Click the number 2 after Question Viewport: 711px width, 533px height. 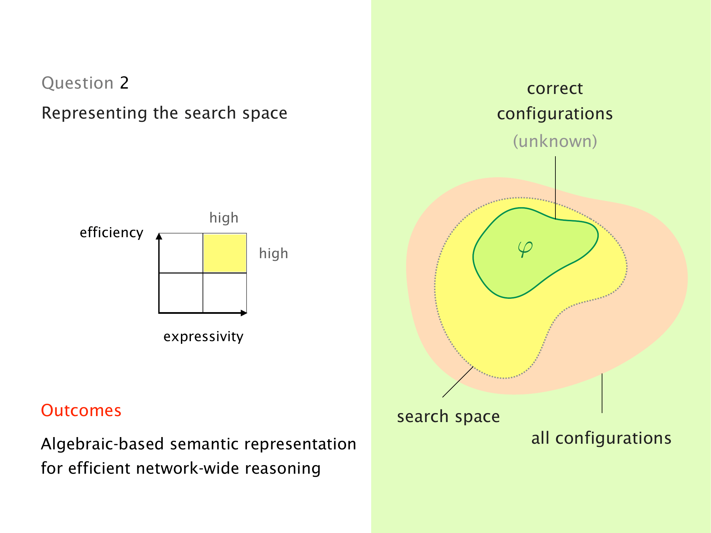pyautogui.click(x=124, y=83)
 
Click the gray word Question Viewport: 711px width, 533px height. pyautogui.click(x=78, y=83)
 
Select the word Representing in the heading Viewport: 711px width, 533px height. pyautogui.click(x=94, y=113)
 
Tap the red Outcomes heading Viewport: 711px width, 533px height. pyautogui.click(x=81, y=410)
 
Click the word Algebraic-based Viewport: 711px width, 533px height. pyautogui.click(x=102, y=444)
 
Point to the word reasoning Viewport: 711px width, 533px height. pyautogui.click(x=283, y=468)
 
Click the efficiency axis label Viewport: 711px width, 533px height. pyautogui.click(x=111, y=232)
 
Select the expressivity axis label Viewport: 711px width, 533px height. pyautogui.click(x=203, y=336)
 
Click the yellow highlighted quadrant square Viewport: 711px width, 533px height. pyautogui.click(x=225, y=253)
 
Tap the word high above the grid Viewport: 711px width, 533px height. pyautogui.click(x=224, y=218)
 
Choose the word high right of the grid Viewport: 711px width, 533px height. pyautogui.click(x=274, y=254)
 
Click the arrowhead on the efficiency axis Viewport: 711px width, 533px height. pyautogui.click(x=159, y=236)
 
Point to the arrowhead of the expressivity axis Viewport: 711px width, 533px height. pyautogui.click(x=244, y=313)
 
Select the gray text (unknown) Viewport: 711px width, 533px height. pyautogui.click(x=555, y=141)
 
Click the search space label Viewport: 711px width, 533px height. pyautogui.click(x=448, y=417)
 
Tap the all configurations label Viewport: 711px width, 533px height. pyautogui.click(x=601, y=438)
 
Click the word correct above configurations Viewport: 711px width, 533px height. pyautogui.click(x=555, y=89)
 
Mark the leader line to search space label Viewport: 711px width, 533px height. pyautogui.click(x=458, y=382)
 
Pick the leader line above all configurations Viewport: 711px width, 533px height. pyautogui.click(x=602, y=393)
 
